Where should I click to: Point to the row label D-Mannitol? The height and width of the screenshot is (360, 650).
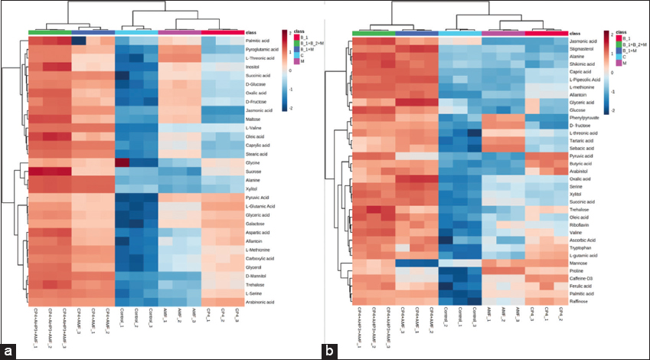256,275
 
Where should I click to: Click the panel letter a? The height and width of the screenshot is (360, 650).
10,349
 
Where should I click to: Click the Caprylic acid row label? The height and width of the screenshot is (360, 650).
256,145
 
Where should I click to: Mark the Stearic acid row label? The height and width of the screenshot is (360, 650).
256,154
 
